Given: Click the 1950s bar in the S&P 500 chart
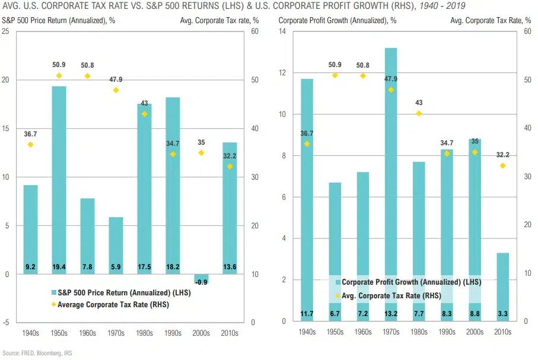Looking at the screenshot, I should click(x=59, y=178).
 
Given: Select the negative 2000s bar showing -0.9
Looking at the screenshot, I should click(x=201, y=279).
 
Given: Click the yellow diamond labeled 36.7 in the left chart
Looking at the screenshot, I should click(x=31, y=145).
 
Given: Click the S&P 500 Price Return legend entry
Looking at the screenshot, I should click(x=112, y=292).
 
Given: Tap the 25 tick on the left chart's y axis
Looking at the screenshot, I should click(x=5, y=31).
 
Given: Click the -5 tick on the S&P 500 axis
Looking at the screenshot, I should click(x=5, y=323).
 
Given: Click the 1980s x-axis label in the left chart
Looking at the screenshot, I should click(x=144, y=333).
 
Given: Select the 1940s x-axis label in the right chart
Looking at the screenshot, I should click(x=307, y=333).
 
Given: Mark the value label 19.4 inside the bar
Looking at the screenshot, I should click(x=59, y=267).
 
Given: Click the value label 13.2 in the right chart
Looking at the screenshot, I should click(x=391, y=313).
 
